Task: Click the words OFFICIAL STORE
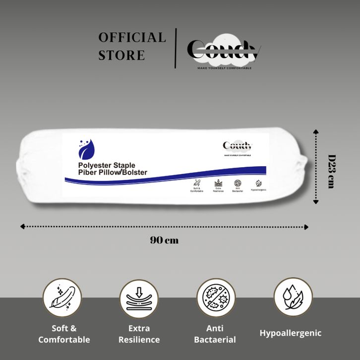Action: click(131, 46)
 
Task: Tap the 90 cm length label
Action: click(164, 240)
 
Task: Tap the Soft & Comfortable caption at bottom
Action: click(64, 334)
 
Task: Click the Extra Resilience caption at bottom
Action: click(139, 334)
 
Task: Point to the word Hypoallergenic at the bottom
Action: click(291, 333)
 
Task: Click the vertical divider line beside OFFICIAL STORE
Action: click(176, 48)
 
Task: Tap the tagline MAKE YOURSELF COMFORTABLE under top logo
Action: click(224, 68)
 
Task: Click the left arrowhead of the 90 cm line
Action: click(22, 227)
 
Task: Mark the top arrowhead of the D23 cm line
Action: click(315, 131)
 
